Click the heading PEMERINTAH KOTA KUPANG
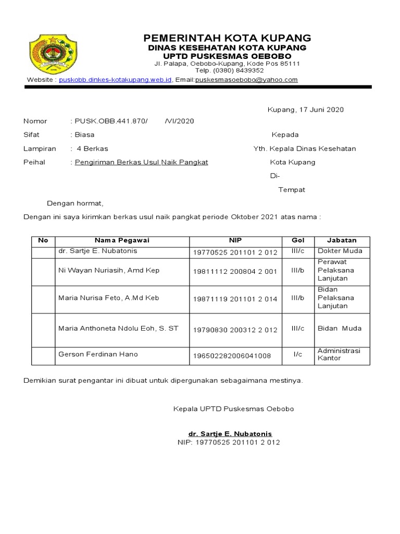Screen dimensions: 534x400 227,38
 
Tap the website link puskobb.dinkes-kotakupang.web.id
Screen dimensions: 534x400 115,80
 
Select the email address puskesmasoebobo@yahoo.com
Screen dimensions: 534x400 246,80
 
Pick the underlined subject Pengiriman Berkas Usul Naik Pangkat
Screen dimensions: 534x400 141,162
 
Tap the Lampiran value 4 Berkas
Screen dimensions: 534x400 92,149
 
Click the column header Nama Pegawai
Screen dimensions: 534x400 122,240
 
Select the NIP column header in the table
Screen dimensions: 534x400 235,240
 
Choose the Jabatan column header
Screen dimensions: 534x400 342,240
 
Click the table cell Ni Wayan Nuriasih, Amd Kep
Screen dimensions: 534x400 109,270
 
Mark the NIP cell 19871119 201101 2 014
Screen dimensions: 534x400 235,299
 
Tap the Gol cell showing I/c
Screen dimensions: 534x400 297,355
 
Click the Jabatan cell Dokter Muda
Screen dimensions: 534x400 340,251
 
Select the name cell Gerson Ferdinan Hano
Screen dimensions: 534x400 98,355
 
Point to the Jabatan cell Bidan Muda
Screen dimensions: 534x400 339,329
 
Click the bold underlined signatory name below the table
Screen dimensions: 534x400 230,434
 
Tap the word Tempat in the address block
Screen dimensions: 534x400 292,190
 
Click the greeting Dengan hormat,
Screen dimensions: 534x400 76,203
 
